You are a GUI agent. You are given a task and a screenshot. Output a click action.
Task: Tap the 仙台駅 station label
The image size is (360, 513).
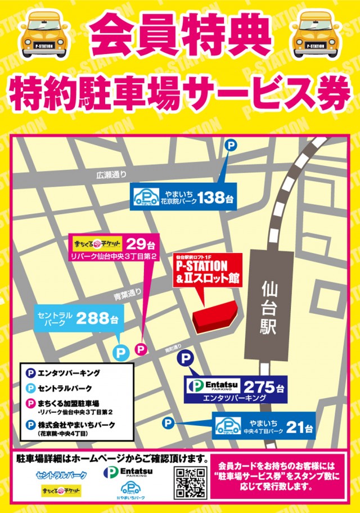pos(269,309)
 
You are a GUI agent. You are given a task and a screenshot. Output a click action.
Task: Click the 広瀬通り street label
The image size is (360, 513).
pos(111,175)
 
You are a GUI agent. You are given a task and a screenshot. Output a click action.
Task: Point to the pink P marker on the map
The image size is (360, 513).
pos(141,350)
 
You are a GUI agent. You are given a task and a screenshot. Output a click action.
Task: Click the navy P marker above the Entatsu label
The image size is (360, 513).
pos(184,359)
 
